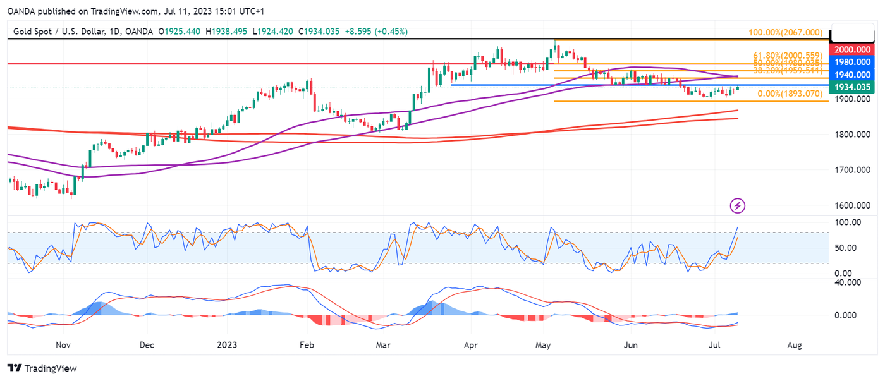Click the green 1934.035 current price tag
(853, 87)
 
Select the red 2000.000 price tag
(853, 49)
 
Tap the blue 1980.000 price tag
(853, 62)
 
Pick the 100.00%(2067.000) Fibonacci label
(785, 32)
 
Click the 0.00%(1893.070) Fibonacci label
(790, 94)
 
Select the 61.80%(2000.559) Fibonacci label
(788, 56)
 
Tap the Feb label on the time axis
(307, 346)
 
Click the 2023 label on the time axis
(227, 346)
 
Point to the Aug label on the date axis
(795, 346)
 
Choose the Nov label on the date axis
(62, 346)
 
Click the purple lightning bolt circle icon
(738, 205)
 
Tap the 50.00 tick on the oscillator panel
(846, 247)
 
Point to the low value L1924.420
(272, 31)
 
